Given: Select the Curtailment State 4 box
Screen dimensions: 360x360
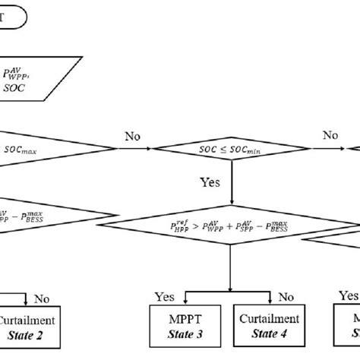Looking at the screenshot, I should [266, 325].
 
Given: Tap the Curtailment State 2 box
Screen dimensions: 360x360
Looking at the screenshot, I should [31, 325].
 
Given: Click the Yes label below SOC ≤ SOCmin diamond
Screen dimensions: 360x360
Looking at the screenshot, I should [210, 183].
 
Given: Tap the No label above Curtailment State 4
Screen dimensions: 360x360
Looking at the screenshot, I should [286, 296].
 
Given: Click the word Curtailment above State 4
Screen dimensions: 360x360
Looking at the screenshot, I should [266, 318].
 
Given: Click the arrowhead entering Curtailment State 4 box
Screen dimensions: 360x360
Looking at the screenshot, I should [266, 303].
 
